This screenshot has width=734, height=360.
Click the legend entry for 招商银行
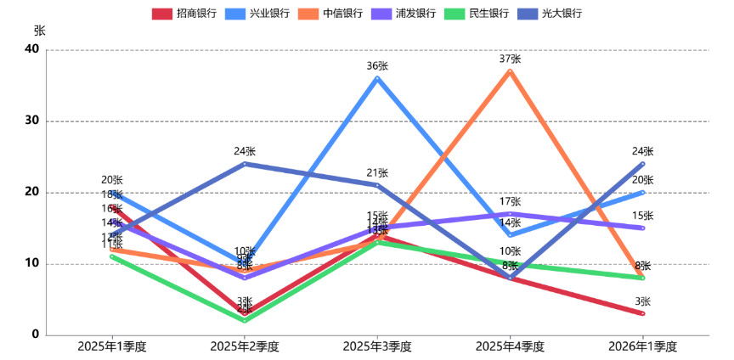point(183,14)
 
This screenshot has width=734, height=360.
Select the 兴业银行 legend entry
point(257,14)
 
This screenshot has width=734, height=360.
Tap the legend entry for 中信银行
point(330,14)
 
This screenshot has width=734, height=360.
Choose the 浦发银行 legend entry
point(403,14)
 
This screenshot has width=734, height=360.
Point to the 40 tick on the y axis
point(33,49)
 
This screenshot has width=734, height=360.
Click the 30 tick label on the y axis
point(33,121)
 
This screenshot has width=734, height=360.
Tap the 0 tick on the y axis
point(36,335)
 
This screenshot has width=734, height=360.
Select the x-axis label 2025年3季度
point(377,346)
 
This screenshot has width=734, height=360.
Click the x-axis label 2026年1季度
point(642,346)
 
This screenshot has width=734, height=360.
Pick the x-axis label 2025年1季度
point(112,346)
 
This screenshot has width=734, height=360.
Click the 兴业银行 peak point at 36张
point(377,78)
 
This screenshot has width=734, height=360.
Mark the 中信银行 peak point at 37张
point(510,70)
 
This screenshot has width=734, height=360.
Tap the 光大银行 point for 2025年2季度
point(245,163)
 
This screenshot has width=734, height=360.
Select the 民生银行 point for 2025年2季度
point(245,320)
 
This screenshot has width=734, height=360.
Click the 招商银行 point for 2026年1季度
point(642,313)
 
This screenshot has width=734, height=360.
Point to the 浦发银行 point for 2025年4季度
point(510,213)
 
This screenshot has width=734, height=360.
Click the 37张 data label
point(510,59)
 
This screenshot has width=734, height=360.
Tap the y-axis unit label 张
point(39,30)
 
